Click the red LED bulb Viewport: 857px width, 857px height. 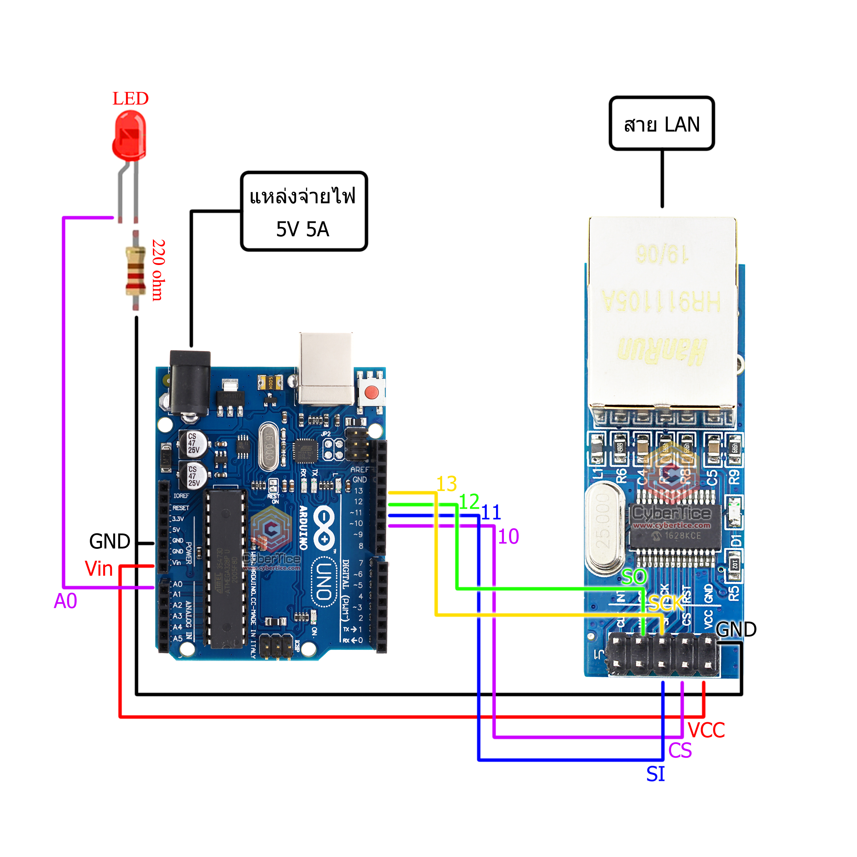point(129,135)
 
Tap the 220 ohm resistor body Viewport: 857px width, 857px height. point(135,270)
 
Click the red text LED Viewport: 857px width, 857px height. point(130,98)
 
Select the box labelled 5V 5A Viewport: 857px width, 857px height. point(304,212)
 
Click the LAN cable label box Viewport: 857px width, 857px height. point(661,124)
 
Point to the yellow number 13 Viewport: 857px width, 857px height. point(446,483)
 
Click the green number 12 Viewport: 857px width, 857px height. point(469,502)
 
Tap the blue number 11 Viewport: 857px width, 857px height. point(491,513)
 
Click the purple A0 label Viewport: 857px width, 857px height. point(65,601)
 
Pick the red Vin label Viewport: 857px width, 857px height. point(98,569)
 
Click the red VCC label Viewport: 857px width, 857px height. point(706,730)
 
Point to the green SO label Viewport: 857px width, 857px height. point(634,577)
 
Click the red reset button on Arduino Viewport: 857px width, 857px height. point(371,392)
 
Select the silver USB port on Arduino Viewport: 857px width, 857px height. point(326,368)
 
